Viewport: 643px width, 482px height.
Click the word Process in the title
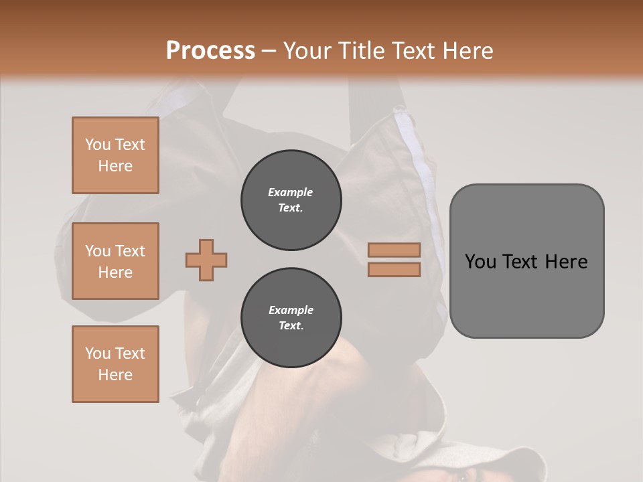(x=210, y=51)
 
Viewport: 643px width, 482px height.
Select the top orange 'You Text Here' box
(x=115, y=155)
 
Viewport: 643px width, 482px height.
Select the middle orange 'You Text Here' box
(x=115, y=261)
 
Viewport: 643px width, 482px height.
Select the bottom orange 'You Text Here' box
(x=115, y=364)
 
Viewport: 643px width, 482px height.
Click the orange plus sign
(x=206, y=260)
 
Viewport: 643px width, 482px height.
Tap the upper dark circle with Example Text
(x=291, y=200)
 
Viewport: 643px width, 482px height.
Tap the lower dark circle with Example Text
(x=291, y=318)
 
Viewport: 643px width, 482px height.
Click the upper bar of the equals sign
(x=394, y=250)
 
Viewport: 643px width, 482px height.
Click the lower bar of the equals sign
(x=394, y=269)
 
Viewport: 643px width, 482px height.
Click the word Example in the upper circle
(x=290, y=192)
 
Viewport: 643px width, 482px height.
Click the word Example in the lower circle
(x=291, y=310)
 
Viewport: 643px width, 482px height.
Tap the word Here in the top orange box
(x=115, y=166)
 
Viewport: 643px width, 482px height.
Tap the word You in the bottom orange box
(x=98, y=353)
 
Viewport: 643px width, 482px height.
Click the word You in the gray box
(x=481, y=262)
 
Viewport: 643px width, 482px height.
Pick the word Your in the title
(x=307, y=51)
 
